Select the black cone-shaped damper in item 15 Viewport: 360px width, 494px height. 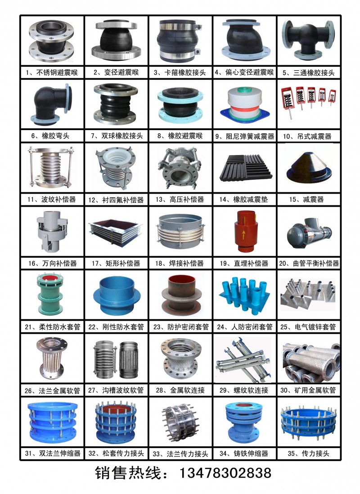coord(309,168)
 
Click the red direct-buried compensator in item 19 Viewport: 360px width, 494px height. coord(243,231)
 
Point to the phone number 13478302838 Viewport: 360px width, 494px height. coord(225,473)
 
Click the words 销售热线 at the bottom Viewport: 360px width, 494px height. coord(128,473)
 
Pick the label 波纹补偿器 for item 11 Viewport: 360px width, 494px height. coord(58,199)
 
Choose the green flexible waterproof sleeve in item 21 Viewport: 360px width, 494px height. coord(50,294)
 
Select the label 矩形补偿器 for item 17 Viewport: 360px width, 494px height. coord(123,263)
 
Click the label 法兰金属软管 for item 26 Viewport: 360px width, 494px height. coord(59,391)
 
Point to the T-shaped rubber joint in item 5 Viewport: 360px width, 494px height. coord(308,39)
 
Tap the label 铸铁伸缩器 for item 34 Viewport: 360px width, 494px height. coord(251,453)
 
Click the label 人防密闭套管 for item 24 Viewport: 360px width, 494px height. coord(252,327)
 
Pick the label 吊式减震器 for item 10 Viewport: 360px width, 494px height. coord(315,136)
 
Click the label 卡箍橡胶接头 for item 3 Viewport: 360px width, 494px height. coord(185,73)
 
